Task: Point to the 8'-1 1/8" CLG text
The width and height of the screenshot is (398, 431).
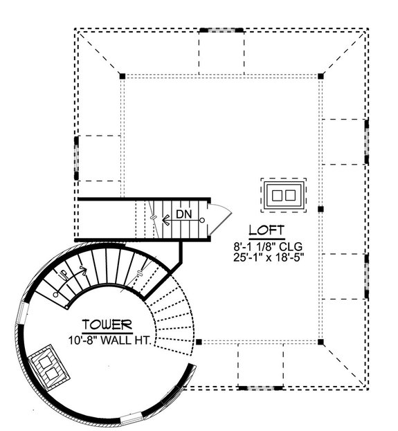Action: click(x=268, y=246)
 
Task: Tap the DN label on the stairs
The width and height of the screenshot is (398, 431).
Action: click(x=183, y=214)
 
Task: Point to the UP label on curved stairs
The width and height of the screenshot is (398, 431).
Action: click(x=64, y=275)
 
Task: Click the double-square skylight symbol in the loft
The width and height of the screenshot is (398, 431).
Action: click(x=283, y=194)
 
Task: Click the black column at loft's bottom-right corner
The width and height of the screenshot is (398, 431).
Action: click(x=320, y=341)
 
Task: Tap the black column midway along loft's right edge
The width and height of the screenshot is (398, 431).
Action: click(x=320, y=208)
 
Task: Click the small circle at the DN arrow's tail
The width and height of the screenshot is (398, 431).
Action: click(x=203, y=221)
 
